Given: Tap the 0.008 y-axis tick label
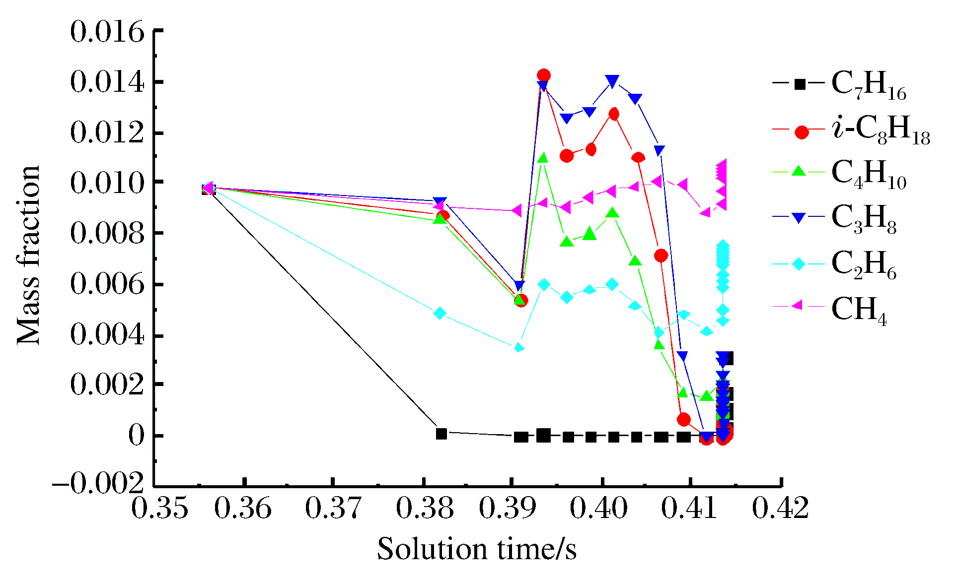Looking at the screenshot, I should (107, 233).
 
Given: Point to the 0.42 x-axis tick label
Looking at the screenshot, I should (781, 509).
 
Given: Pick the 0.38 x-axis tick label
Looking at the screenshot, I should (425, 509).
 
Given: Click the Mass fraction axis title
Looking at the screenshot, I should (28, 256).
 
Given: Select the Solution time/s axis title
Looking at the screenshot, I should (477, 550).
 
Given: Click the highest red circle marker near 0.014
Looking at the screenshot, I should (544, 76).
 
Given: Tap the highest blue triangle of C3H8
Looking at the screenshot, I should (613, 81).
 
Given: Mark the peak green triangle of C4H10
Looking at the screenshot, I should (543, 158).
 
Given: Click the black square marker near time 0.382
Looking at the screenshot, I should (441, 434).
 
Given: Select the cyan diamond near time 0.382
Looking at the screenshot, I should (440, 313).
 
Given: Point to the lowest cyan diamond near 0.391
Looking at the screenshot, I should (519, 347).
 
